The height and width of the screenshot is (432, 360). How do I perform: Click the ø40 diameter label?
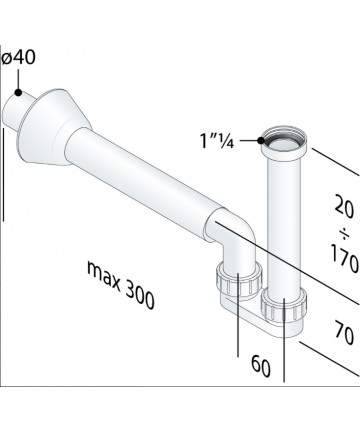click(x=18, y=57)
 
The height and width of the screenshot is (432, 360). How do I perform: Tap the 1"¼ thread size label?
click(x=217, y=140)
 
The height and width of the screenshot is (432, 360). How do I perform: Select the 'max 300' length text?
click(x=121, y=285)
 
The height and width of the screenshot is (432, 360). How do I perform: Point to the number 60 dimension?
click(x=261, y=366)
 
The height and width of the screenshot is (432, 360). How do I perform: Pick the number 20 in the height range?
click(x=344, y=207)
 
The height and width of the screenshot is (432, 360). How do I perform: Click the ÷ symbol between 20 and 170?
click(x=345, y=233)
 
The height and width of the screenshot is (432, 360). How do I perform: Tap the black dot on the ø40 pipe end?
click(x=18, y=93)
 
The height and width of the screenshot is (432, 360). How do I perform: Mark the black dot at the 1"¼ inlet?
click(x=261, y=140)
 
